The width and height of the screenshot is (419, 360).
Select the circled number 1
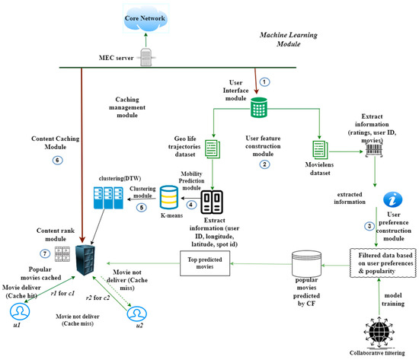tap(264, 81)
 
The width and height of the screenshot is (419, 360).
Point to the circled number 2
tap(264, 164)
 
